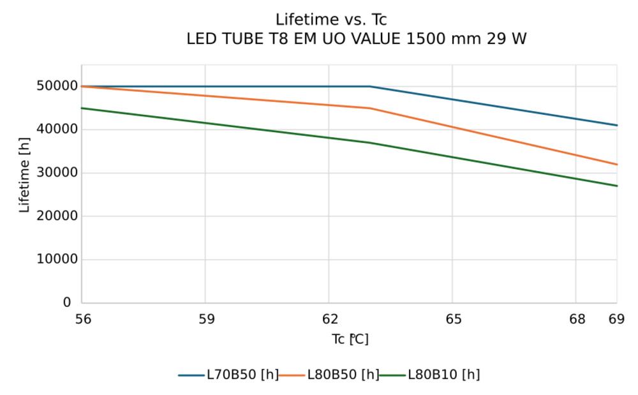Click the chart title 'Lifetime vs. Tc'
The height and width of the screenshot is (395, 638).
pyautogui.click(x=331, y=20)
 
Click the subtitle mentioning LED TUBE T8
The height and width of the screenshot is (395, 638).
pyautogui.click(x=356, y=39)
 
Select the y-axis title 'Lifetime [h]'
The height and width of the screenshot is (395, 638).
pyautogui.click(x=25, y=175)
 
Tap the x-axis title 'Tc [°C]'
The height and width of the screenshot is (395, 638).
pyautogui.click(x=350, y=339)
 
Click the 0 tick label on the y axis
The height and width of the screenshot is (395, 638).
pyautogui.click(x=67, y=302)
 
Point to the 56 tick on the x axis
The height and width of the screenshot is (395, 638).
pyautogui.click(x=83, y=319)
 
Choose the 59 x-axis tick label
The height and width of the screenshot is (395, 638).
pyautogui.click(x=206, y=319)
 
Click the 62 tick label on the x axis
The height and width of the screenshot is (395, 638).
pyautogui.click(x=329, y=319)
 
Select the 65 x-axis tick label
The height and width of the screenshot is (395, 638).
pyautogui.click(x=453, y=319)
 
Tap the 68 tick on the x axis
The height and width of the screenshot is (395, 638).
pyautogui.click(x=577, y=319)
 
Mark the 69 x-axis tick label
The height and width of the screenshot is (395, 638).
pyautogui.click(x=616, y=319)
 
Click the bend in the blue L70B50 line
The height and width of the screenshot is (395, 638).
pyautogui.click(x=370, y=86)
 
